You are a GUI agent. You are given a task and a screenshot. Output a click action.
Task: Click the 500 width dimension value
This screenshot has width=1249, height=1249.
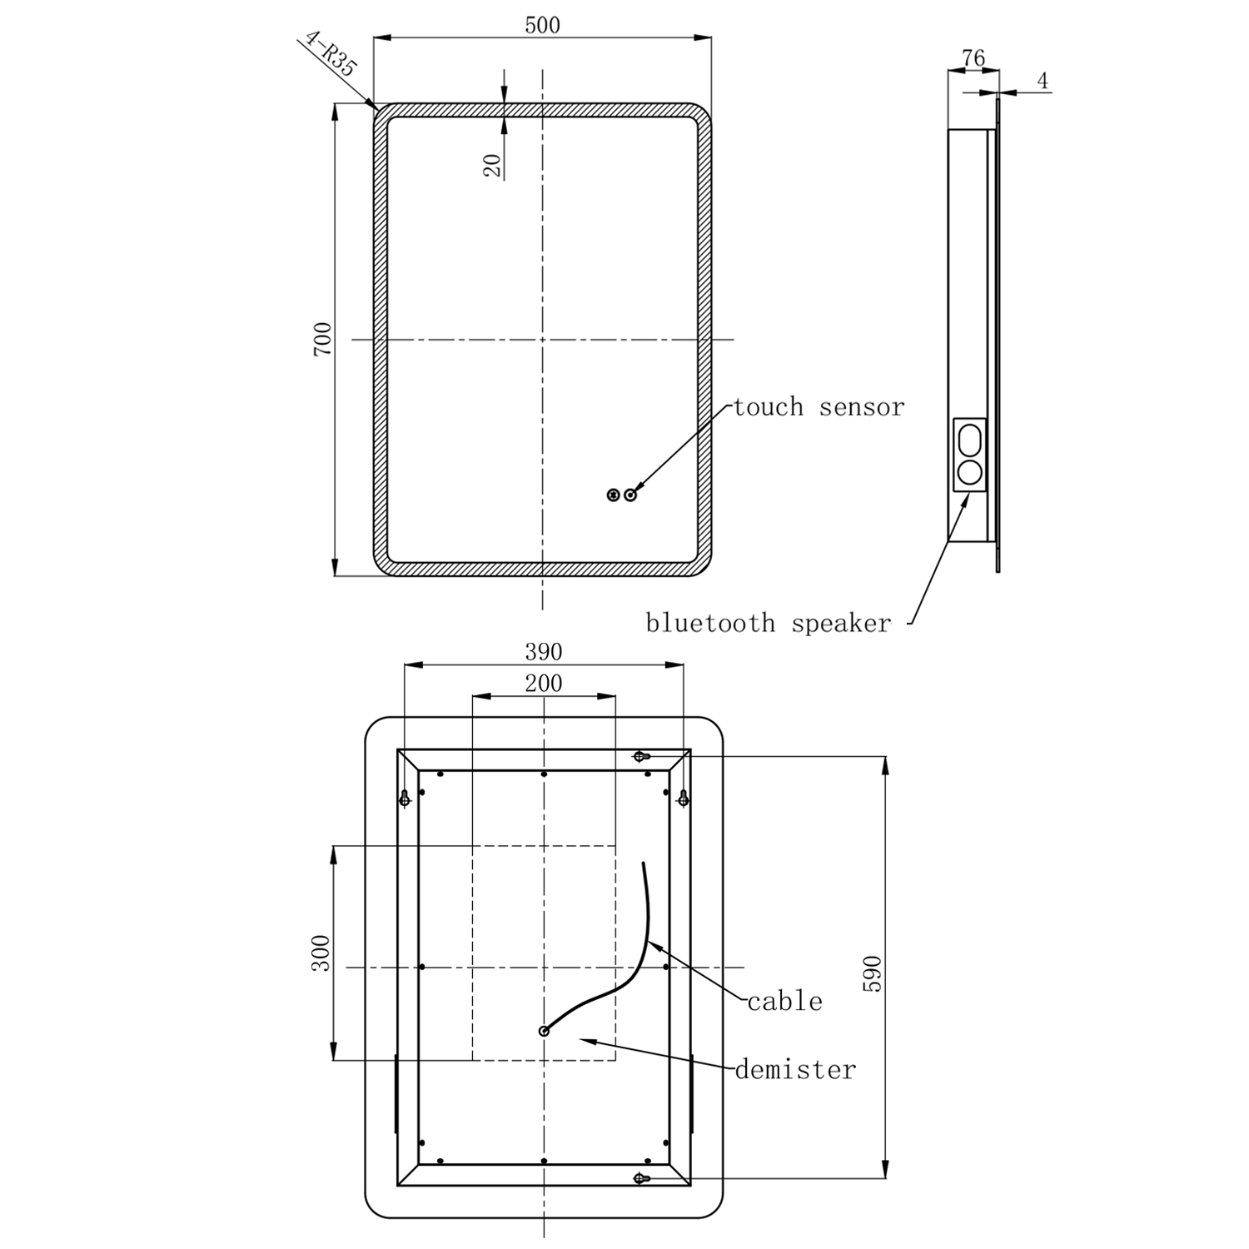point(542,25)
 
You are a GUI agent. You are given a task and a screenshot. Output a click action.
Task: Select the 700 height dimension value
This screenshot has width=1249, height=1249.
point(322,339)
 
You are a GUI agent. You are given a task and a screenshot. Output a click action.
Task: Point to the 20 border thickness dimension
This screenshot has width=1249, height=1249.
point(493,165)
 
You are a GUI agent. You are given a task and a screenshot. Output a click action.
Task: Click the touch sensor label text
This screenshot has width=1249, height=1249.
point(818,407)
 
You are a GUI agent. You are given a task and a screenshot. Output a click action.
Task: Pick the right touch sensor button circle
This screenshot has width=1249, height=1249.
point(630,495)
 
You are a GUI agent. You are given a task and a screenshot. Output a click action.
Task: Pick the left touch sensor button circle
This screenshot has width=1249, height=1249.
point(614,495)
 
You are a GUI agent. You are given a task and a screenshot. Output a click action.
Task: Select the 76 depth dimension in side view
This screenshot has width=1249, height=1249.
point(973,58)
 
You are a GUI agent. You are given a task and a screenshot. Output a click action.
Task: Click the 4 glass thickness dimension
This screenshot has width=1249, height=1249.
point(1042,81)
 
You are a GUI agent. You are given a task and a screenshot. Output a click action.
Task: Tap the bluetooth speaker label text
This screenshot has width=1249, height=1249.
point(768,624)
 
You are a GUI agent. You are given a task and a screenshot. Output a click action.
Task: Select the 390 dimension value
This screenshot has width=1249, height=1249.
point(543,651)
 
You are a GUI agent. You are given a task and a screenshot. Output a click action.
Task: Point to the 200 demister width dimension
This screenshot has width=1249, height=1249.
point(543,684)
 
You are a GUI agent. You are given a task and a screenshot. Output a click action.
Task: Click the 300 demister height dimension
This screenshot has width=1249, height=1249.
point(321,953)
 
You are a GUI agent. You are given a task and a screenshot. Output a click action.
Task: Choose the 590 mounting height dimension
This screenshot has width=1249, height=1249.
point(871,973)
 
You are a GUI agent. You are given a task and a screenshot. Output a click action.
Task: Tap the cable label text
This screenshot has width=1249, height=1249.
point(784,1002)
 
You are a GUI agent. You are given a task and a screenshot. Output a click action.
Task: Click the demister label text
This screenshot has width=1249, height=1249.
point(795,1070)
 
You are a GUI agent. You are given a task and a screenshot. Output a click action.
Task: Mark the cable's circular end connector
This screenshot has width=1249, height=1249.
point(544,1031)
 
